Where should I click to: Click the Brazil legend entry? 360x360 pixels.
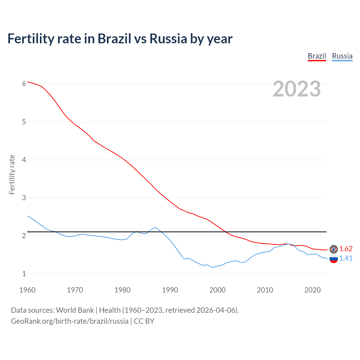pyautogui.click(x=317, y=56)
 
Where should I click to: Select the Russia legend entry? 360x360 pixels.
pyautogui.click(x=342, y=56)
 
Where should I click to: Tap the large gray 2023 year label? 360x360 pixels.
pyautogui.click(x=297, y=89)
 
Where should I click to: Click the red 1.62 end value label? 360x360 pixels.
pyautogui.click(x=346, y=249)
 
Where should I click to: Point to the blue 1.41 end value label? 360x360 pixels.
pyautogui.click(x=346, y=258)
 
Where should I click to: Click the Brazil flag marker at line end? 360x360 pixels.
pyautogui.click(x=334, y=249)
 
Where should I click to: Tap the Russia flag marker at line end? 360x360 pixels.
pyautogui.click(x=334, y=259)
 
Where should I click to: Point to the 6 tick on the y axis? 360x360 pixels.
pyautogui.click(x=24, y=84)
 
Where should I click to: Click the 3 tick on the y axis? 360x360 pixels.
pyautogui.click(x=24, y=198)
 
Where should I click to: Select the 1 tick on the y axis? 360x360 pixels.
pyautogui.click(x=24, y=274)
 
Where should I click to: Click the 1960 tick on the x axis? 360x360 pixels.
pyautogui.click(x=27, y=290)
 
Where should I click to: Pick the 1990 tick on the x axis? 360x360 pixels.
pyautogui.click(x=170, y=290)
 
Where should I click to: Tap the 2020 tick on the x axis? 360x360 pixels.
pyautogui.click(x=312, y=290)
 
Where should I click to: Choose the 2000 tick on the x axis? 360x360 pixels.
pyautogui.click(x=217, y=290)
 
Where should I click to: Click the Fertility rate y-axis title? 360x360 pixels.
pyautogui.click(x=12, y=174)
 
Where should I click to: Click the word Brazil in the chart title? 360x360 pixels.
pyautogui.click(x=114, y=39)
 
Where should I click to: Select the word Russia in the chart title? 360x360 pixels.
pyautogui.click(x=168, y=39)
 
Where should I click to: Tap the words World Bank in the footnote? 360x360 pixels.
pyautogui.click(x=75, y=310)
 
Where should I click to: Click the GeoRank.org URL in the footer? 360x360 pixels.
pyautogui.click(x=69, y=321)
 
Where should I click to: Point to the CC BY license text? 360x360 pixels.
pyautogui.click(x=144, y=321)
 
